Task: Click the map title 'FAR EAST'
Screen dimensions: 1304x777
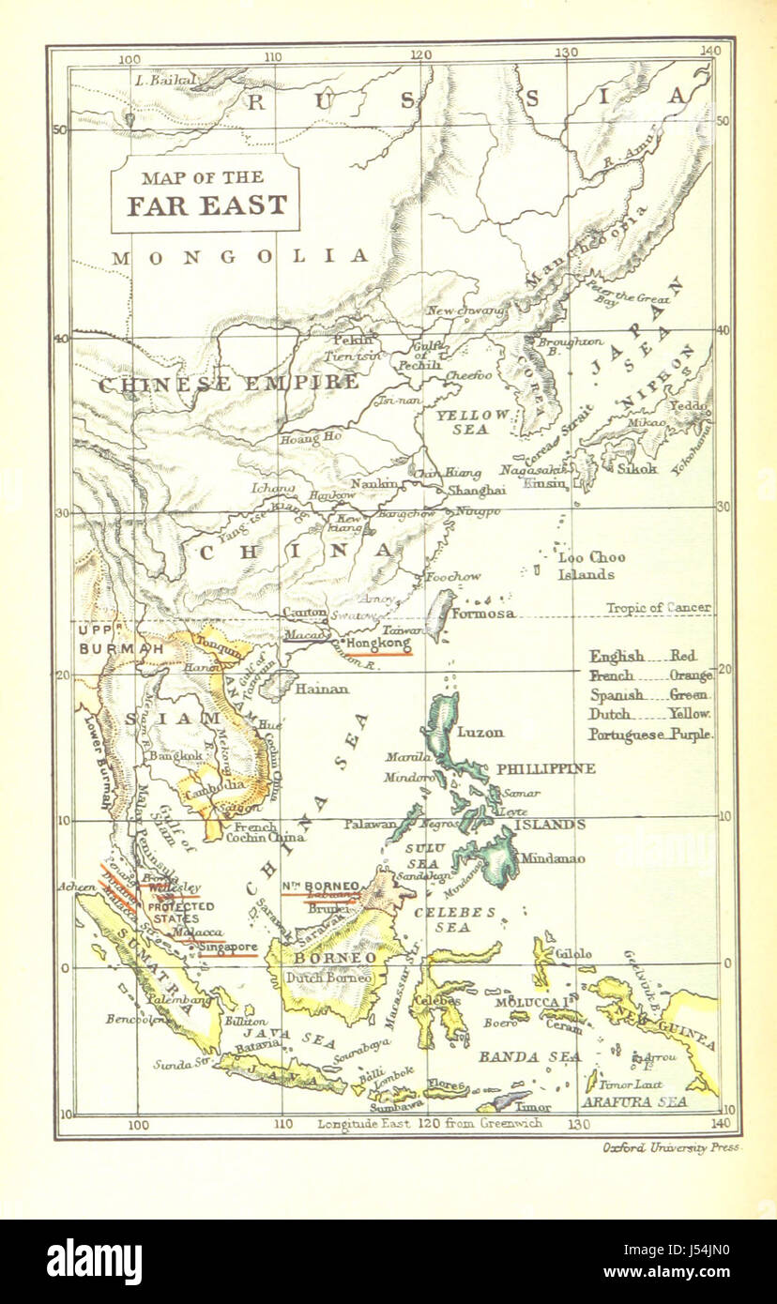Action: click(x=206, y=205)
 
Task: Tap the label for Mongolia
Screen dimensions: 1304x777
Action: click(x=239, y=256)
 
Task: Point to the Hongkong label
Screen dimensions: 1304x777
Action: click(x=378, y=645)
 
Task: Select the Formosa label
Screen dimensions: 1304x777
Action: click(x=482, y=614)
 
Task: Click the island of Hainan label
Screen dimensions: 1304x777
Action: click(x=322, y=689)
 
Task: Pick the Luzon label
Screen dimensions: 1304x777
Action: click(x=480, y=732)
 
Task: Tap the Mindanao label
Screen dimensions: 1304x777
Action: click(x=553, y=857)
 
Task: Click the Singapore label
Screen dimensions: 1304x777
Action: click(x=228, y=948)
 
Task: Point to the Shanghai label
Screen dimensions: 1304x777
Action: click(x=476, y=490)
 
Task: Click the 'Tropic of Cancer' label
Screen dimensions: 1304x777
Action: click(x=658, y=608)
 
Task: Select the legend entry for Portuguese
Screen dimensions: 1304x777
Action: click(x=650, y=735)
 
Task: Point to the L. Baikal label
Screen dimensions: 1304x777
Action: click(x=165, y=81)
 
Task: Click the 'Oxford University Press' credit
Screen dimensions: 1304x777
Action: click(x=671, y=1147)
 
